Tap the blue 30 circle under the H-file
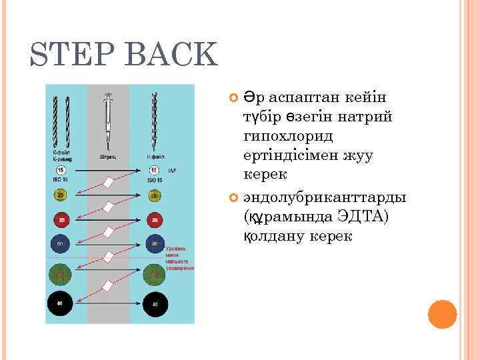coord(154,244)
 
